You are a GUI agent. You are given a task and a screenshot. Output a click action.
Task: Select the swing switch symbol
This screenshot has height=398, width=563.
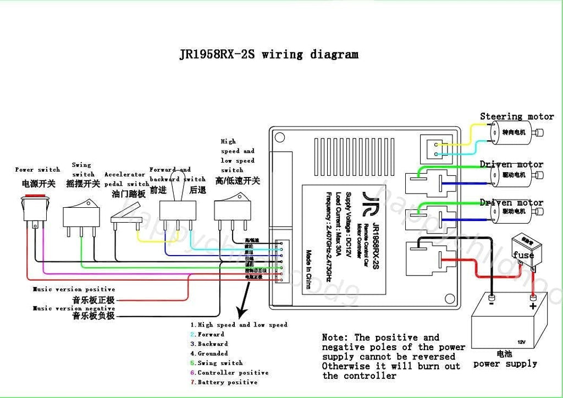coord(81,215)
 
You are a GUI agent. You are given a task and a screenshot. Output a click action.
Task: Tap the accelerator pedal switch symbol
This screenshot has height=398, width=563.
coord(126,220)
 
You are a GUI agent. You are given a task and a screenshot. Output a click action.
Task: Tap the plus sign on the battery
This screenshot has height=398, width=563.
coord(532,305)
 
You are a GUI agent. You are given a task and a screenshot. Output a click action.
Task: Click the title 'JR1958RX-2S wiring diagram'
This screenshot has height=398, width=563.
coord(269,54)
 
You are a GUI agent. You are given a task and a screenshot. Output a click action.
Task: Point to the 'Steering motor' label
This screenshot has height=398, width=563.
coord(516,117)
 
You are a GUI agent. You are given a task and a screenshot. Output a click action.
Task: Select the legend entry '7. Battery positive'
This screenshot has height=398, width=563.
coord(224,382)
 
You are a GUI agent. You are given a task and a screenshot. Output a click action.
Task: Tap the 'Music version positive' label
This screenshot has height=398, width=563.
coord(74,289)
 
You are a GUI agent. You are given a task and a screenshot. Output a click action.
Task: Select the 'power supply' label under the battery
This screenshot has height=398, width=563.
coord(505,363)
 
